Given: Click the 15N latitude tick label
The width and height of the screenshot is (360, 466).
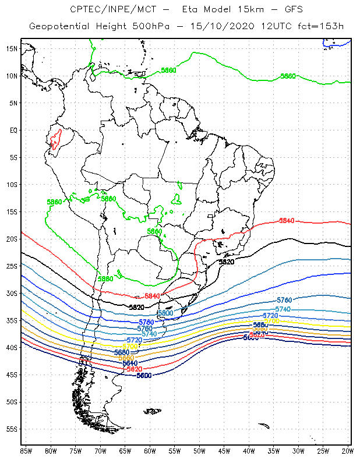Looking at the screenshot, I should pos(12,48).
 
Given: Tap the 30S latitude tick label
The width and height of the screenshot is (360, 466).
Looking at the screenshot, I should pos(12,293).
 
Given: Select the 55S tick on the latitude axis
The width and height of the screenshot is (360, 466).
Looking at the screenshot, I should pos(12,429).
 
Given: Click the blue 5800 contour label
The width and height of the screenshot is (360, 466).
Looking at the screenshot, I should pos(166,313).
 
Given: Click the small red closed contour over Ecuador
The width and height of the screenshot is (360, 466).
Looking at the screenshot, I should pos(55,139).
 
